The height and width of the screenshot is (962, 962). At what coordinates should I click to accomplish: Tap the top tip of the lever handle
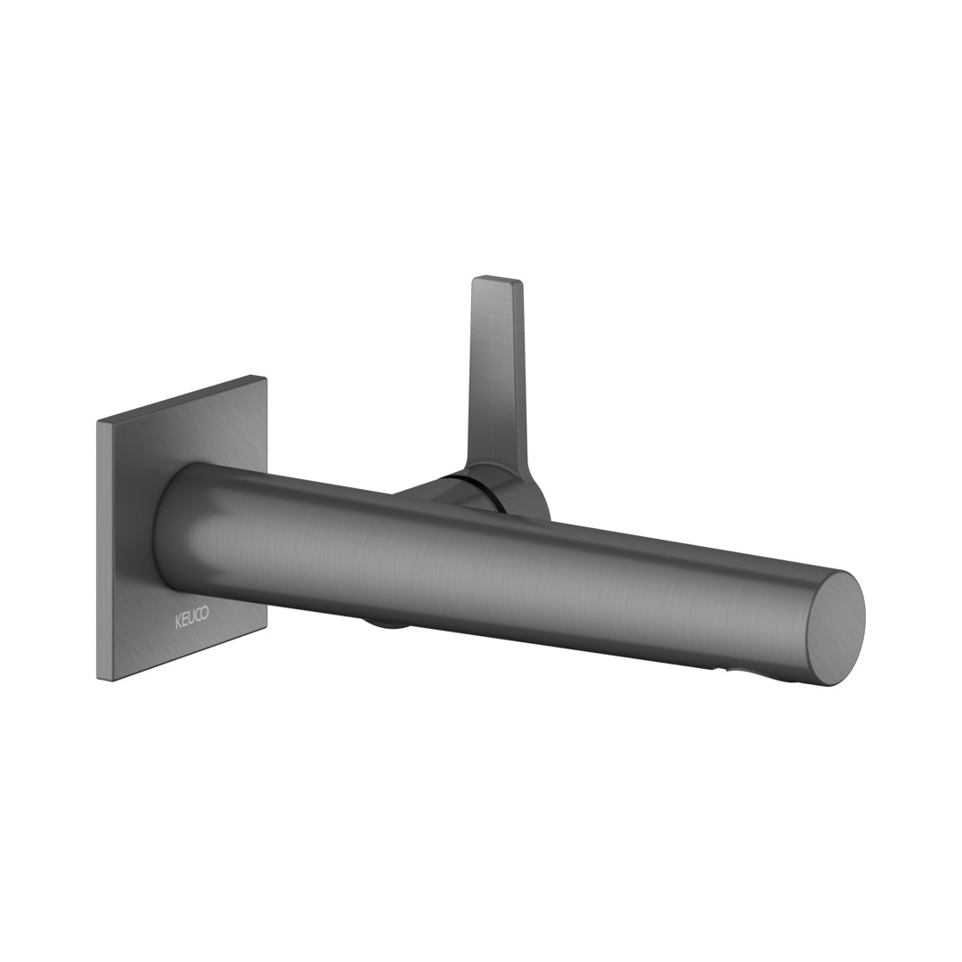point(498,279)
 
